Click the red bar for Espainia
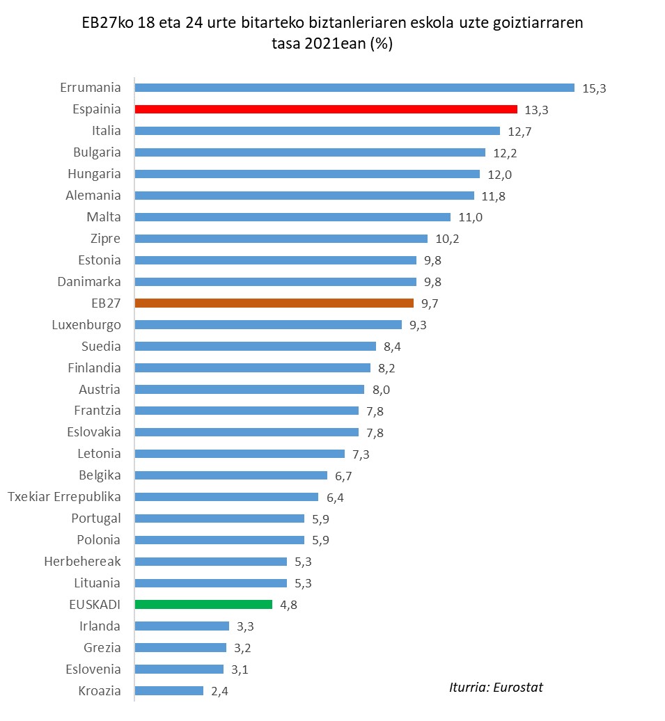pos(326,109)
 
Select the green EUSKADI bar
pos(203,604)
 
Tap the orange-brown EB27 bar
pos(274,303)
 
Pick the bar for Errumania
pos(354,88)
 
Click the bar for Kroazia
pos(169,690)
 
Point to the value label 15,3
pos(594,88)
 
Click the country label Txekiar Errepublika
pos(64,497)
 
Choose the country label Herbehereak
pos(82,561)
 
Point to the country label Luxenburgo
pos(86,325)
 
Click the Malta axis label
pos(103,217)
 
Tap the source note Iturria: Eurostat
pos(496,688)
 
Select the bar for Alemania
pos(304,196)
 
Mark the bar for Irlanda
pos(181,626)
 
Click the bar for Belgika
pos(230,475)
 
